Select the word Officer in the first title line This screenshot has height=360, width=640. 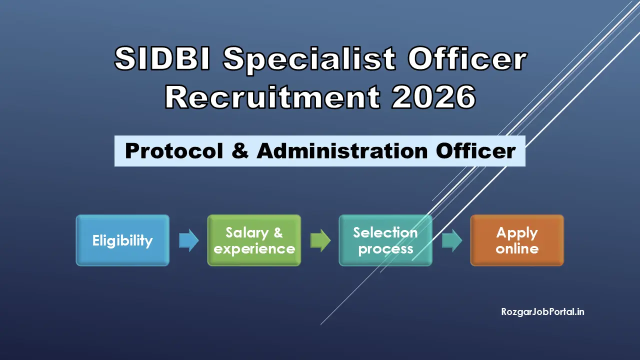[x=467, y=59]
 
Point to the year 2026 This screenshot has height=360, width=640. [x=433, y=97]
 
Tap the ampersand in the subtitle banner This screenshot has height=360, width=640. [x=240, y=151]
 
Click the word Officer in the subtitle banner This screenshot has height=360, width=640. [x=474, y=151]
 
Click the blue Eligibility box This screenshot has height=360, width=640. [x=122, y=240]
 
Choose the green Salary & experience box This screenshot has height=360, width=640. [x=254, y=240]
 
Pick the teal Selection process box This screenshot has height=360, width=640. [x=385, y=240]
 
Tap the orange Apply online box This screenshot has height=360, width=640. [x=517, y=240]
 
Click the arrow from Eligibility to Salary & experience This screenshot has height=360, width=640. [x=188, y=241]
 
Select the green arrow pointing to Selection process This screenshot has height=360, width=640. [x=320, y=241]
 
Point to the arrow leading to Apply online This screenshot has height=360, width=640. [x=451, y=241]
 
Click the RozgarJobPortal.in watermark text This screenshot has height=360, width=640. [x=543, y=312]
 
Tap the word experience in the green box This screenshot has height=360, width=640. [x=254, y=249]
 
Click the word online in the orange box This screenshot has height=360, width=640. [x=517, y=249]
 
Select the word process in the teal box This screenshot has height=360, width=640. [x=385, y=249]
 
